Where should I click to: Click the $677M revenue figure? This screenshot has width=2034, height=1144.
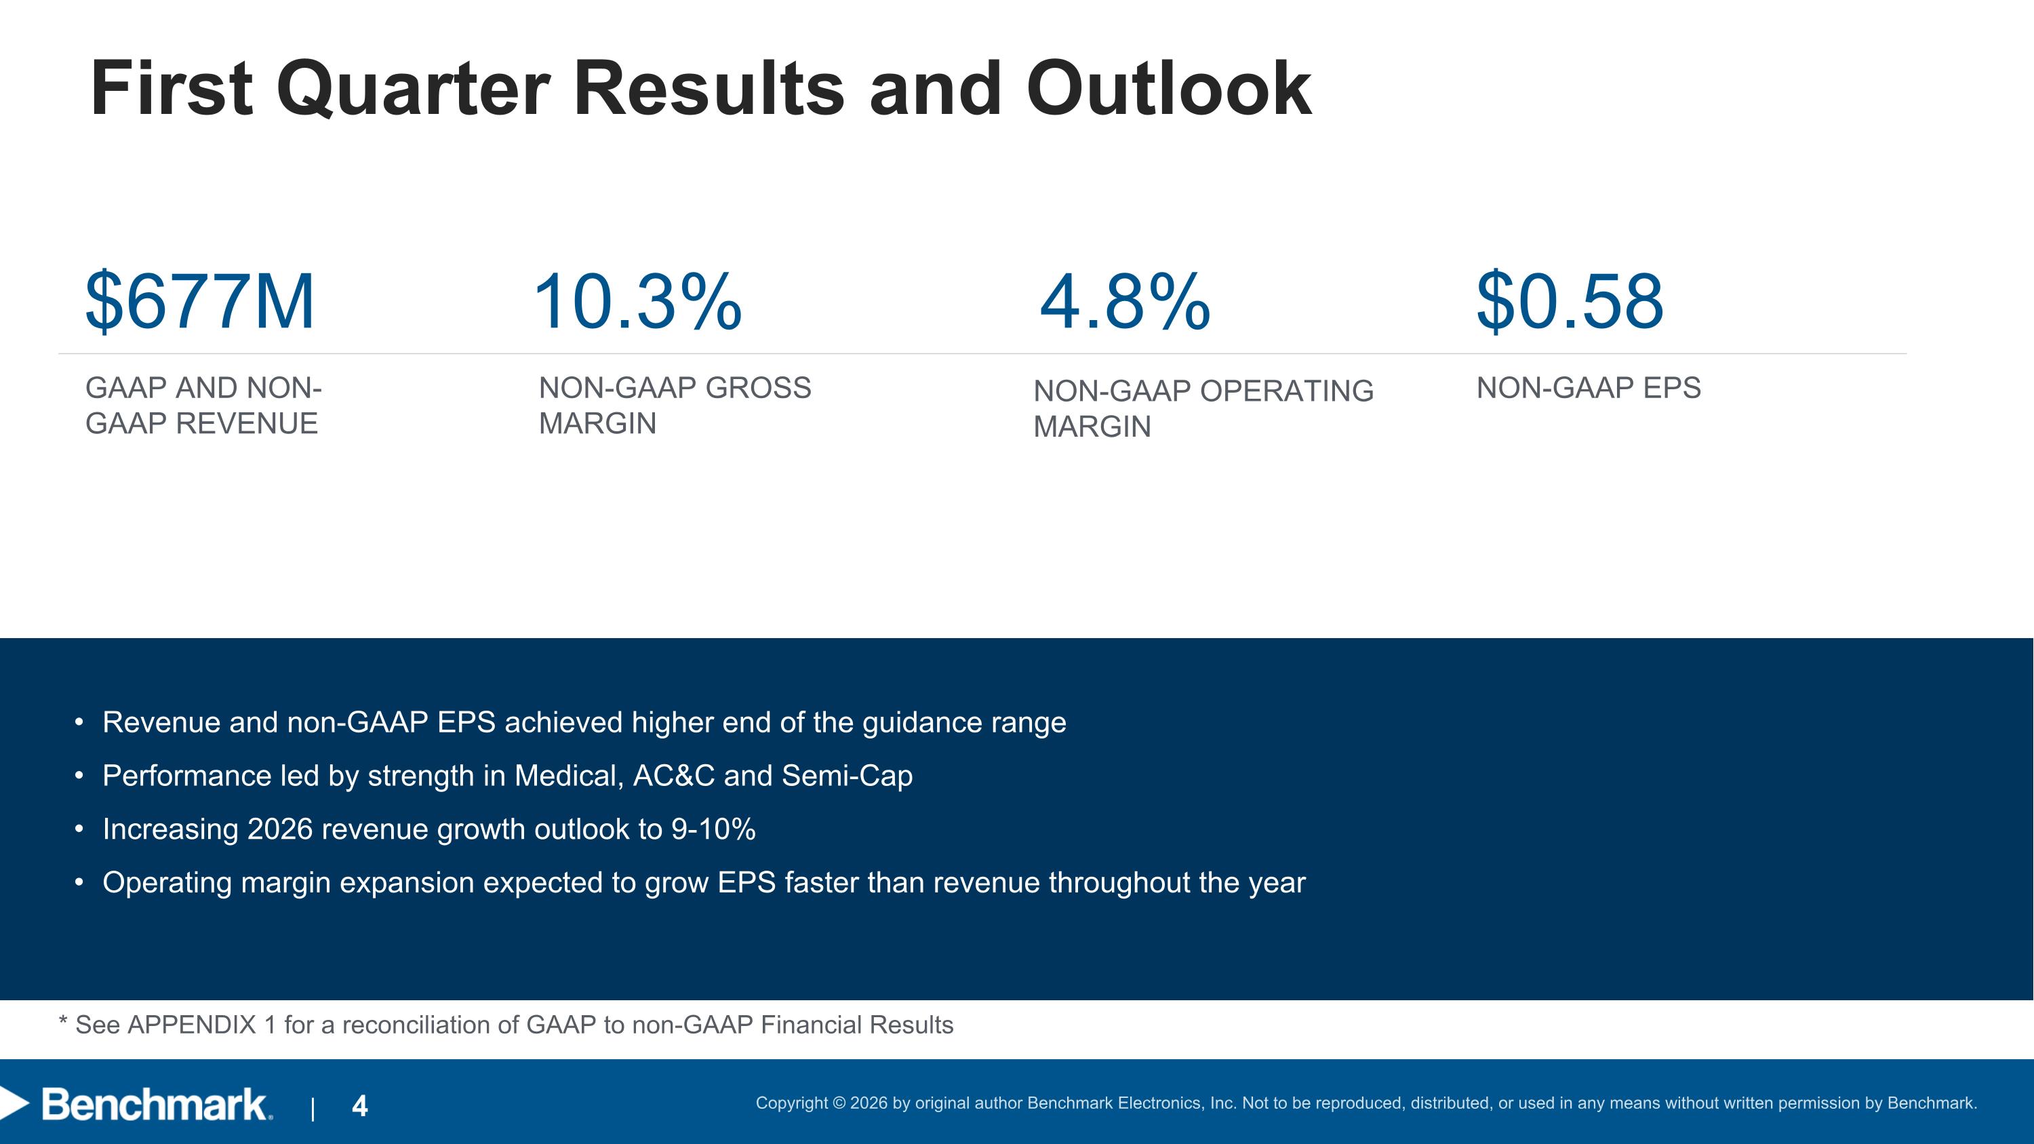[x=200, y=301]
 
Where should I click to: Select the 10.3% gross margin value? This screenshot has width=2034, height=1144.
[x=638, y=301]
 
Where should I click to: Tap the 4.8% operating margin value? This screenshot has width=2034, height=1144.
[x=1124, y=301]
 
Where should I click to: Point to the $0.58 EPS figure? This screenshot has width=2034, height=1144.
[x=1570, y=301]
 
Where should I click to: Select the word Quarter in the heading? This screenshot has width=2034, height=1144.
[x=413, y=90]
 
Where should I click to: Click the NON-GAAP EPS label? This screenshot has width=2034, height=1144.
[x=1589, y=388]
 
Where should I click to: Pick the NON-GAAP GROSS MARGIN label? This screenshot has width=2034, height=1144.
[x=675, y=405]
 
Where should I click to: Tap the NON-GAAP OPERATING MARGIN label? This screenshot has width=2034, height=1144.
[x=1203, y=408]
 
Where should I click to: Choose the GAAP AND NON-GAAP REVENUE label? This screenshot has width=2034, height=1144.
[x=203, y=405]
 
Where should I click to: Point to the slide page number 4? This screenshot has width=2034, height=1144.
[x=360, y=1105]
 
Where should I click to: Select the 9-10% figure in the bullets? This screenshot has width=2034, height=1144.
[x=713, y=829]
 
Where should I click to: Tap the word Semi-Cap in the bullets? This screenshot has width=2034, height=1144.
[x=848, y=776]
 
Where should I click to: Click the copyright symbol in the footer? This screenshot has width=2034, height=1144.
[x=839, y=1103]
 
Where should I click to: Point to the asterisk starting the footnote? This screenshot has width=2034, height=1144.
[x=63, y=1020]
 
